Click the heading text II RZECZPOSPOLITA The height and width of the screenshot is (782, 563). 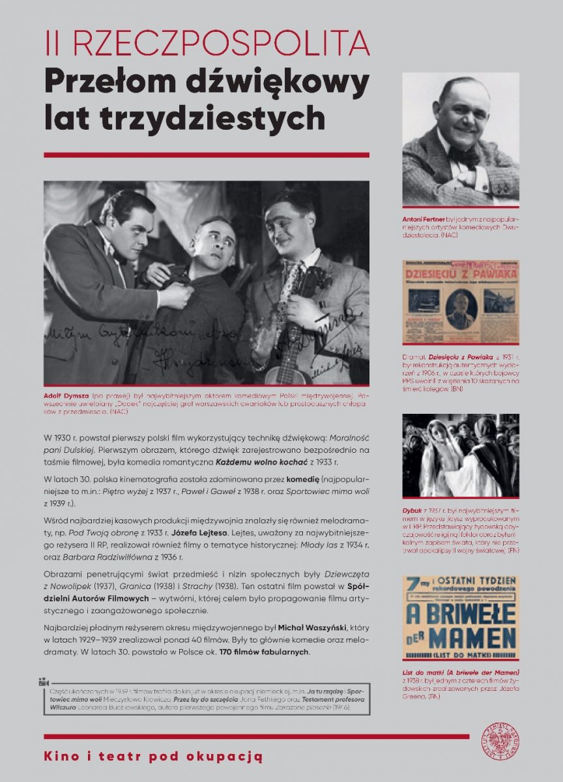[207, 44]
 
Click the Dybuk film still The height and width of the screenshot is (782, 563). [460, 455]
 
